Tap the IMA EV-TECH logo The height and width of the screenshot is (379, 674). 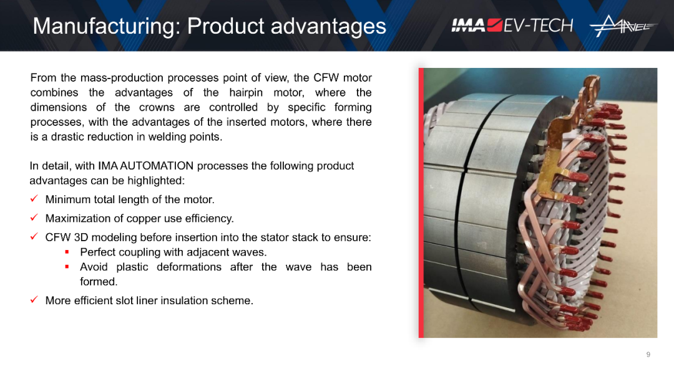click(512, 26)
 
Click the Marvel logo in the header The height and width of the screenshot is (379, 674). click(623, 26)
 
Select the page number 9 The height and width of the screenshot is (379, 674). click(648, 355)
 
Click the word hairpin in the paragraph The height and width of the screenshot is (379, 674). click(245, 93)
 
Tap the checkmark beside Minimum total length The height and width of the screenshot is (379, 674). click(34, 199)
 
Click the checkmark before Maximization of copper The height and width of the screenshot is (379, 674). click(34, 218)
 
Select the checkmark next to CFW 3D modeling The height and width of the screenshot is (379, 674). click(34, 236)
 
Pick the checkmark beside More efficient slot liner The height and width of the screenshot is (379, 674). click(34, 300)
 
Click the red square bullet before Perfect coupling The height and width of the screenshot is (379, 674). click(67, 252)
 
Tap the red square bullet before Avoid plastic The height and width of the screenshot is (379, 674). click(67, 267)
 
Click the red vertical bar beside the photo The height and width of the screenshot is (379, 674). click(421, 203)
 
